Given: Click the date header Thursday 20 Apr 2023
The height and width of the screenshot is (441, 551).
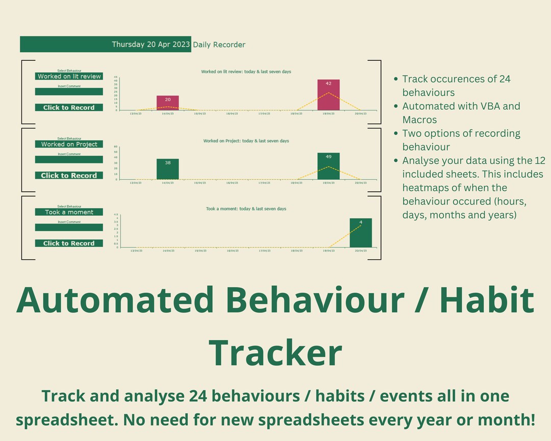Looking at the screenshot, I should (151, 44).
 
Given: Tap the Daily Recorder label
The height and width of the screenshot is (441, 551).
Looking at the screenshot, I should (219, 44).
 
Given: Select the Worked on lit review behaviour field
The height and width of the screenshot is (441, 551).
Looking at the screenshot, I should (69, 77).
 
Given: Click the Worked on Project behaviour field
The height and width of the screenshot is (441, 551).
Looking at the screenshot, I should (69, 144).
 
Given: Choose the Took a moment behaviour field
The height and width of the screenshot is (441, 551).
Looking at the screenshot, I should (69, 212).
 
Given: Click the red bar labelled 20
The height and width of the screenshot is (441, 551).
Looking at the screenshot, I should (167, 103).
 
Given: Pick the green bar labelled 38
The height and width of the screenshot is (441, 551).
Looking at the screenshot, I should (167, 169).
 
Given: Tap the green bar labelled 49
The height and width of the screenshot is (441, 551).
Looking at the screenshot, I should (328, 166).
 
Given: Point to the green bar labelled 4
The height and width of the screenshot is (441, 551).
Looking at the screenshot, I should (360, 233).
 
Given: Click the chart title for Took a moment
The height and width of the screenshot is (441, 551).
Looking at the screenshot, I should (246, 209).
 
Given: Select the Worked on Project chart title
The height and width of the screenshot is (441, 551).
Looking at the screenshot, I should (246, 141).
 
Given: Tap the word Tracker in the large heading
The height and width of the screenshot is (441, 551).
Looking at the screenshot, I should (275, 352).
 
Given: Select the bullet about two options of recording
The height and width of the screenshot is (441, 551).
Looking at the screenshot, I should (461, 140).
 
